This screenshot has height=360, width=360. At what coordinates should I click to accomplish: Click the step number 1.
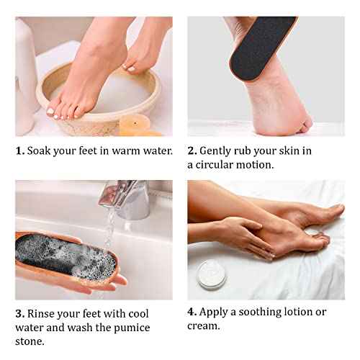click(19, 150)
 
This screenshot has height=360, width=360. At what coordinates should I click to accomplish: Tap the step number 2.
click(192, 150)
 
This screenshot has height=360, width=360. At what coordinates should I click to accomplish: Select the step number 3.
click(19, 313)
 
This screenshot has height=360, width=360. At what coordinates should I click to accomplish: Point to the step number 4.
click(192, 312)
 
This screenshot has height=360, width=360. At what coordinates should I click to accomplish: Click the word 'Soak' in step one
click(41, 150)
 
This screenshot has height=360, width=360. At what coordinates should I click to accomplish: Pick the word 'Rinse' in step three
click(43, 313)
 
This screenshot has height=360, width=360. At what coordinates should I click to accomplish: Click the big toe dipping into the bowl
click(52, 112)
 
